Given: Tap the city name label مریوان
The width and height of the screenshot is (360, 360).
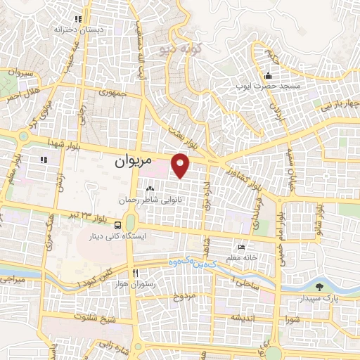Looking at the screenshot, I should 132,161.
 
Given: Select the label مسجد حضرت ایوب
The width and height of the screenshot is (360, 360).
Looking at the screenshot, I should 266,86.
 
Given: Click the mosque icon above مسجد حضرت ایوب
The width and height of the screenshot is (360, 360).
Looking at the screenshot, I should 267,76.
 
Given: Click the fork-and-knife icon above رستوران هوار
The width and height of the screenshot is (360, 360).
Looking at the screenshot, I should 134,271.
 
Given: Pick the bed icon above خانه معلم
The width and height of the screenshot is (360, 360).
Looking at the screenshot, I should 242,247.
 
